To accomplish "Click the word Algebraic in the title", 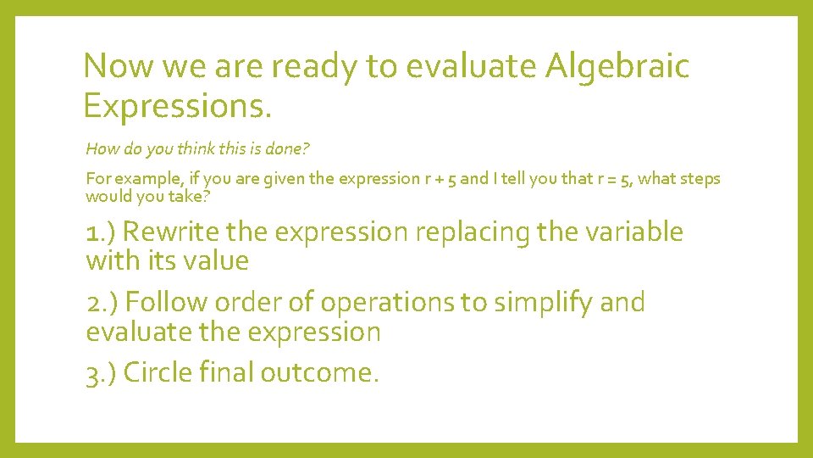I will tap(618, 66).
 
